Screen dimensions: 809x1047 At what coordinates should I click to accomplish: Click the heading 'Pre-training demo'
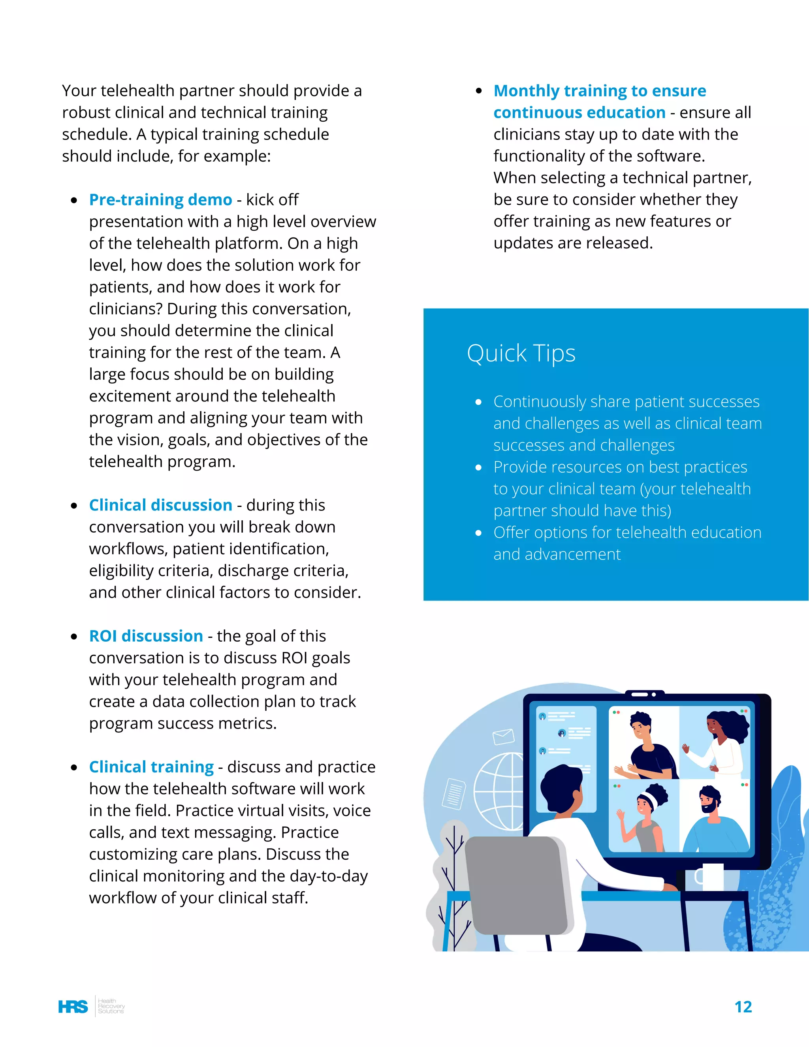pos(160,200)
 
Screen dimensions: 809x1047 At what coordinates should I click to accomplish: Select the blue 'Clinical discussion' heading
pos(160,505)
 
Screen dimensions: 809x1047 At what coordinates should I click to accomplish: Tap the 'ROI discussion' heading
pos(146,636)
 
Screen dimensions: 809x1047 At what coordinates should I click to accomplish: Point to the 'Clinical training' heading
pos(151,766)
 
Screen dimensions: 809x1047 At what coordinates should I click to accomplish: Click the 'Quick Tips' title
pos(521,353)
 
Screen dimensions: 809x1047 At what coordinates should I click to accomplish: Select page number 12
pos(743,1006)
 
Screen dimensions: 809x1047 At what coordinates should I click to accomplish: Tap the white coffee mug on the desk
pos(711,877)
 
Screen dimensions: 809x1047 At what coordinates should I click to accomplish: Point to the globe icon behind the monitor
pos(499,791)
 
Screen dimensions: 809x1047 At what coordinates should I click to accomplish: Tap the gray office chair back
pos(515,887)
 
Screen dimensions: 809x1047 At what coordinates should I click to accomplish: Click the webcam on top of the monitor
pos(645,694)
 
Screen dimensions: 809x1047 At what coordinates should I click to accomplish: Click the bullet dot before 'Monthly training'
pos(478,91)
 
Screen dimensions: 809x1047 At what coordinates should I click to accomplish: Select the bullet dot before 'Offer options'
pos(478,533)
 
